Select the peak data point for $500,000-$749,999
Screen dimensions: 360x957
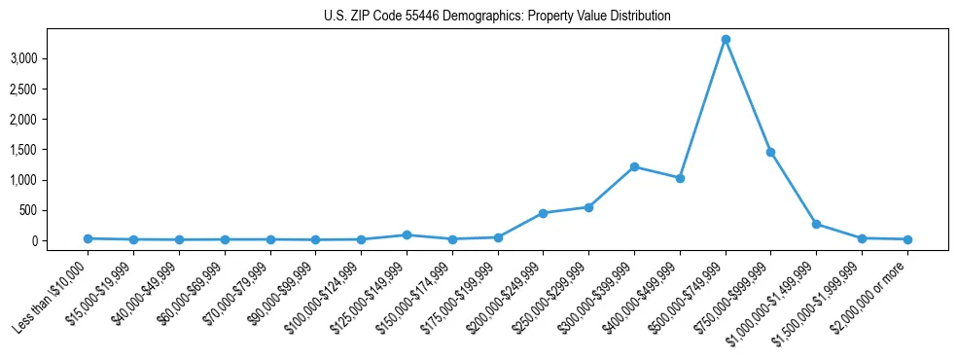point(726,40)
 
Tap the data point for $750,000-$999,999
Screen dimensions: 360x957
point(770,152)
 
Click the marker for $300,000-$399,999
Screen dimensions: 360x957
point(634,166)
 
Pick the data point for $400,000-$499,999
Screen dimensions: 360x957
point(680,178)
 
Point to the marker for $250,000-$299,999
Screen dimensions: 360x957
point(588,207)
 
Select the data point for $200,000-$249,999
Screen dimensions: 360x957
point(543,213)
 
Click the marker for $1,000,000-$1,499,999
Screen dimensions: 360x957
point(816,224)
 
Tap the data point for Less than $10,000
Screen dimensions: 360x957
point(88,238)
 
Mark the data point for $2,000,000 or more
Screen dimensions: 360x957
point(907,239)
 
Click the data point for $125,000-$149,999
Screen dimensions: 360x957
point(407,234)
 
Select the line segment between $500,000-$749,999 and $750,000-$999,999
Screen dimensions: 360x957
point(748,95)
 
